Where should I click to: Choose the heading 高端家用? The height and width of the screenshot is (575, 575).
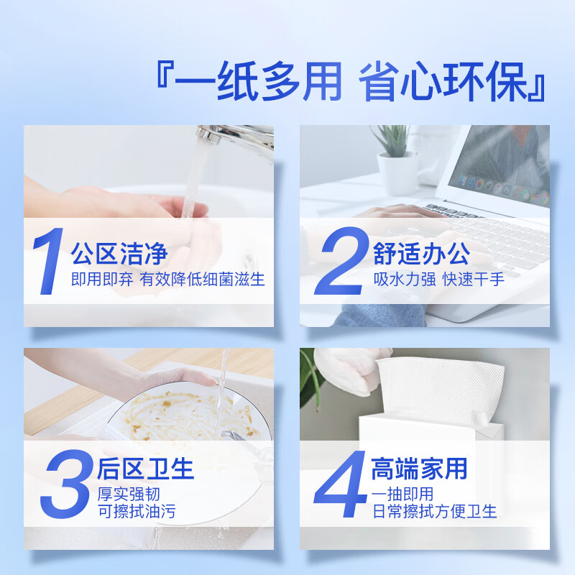click(x=419, y=469)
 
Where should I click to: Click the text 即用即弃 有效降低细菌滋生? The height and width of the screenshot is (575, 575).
click(x=167, y=280)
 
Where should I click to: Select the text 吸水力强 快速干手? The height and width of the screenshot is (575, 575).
click(x=438, y=280)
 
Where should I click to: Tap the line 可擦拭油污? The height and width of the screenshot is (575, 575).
click(x=136, y=512)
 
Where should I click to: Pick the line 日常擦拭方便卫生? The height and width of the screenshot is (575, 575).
click(x=434, y=512)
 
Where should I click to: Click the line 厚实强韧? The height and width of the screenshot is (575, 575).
click(x=127, y=494)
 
